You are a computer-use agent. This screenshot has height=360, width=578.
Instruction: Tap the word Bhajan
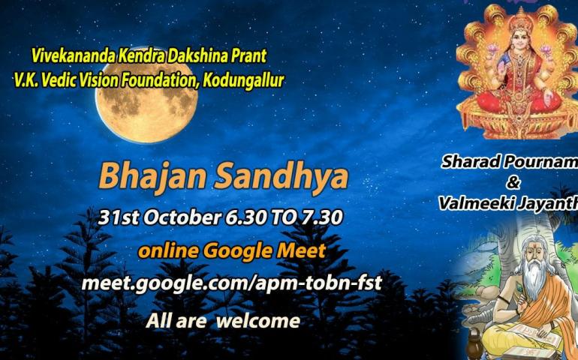click(152, 177)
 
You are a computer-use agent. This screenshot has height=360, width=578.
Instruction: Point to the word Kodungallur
click(243, 80)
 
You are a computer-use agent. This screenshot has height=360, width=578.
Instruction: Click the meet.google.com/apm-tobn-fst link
click(231, 283)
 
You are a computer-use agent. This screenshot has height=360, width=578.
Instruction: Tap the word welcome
click(258, 320)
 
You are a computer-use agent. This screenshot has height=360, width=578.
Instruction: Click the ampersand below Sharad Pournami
click(513, 183)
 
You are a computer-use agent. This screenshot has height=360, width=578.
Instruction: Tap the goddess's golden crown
click(520, 19)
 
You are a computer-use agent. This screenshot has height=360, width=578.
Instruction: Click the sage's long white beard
click(533, 277)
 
